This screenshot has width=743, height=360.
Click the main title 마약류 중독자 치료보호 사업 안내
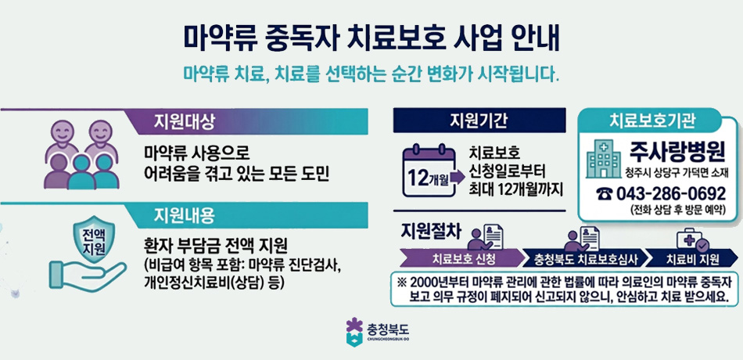pos(371,37)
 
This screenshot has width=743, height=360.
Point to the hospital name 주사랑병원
pos(677,152)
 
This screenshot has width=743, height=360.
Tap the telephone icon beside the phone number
pos(605,193)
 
